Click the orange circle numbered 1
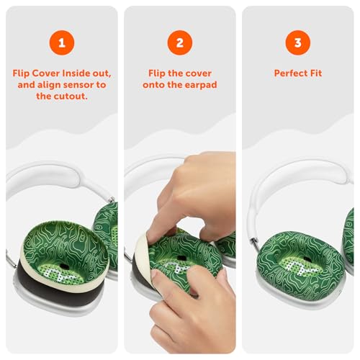[x=62, y=42]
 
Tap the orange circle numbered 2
[x=180, y=42]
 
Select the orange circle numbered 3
[x=297, y=42]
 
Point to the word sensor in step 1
[x=77, y=85]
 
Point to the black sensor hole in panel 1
[x=64, y=266]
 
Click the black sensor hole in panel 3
[x=307, y=259]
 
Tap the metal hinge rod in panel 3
[x=254, y=243]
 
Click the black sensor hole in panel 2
[x=181, y=258]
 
